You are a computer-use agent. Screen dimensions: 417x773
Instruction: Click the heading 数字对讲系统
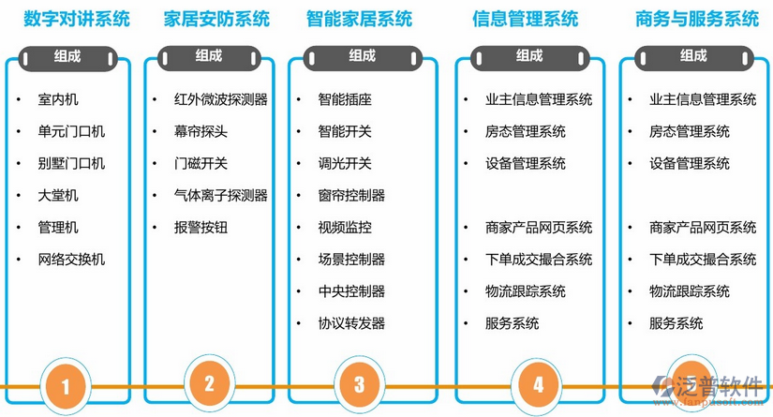[x=77, y=19]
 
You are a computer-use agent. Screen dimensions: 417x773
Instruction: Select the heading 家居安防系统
[x=216, y=19]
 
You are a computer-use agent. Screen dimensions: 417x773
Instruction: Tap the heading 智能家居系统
[x=360, y=19]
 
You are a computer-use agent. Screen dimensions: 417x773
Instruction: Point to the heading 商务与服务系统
[x=697, y=19]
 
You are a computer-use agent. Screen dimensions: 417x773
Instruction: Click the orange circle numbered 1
[x=66, y=384]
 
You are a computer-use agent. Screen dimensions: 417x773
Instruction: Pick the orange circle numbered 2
[x=209, y=382]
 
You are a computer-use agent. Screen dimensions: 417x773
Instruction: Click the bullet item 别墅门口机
[x=71, y=163]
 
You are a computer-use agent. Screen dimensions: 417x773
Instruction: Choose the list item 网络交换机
[x=71, y=259]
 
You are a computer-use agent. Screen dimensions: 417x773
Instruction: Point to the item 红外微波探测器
[x=221, y=99]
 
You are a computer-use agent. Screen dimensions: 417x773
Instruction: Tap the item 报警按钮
[x=201, y=227]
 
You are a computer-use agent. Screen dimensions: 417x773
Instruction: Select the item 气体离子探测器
[x=221, y=195]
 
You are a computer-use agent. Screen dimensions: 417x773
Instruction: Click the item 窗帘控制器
[x=351, y=195]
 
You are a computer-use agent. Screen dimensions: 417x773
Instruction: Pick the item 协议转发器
[x=351, y=323]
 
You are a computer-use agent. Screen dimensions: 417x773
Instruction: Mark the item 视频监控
[x=345, y=227]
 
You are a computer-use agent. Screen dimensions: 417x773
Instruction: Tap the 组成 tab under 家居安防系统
[x=209, y=56]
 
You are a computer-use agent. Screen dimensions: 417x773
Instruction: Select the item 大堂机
[x=58, y=195]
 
